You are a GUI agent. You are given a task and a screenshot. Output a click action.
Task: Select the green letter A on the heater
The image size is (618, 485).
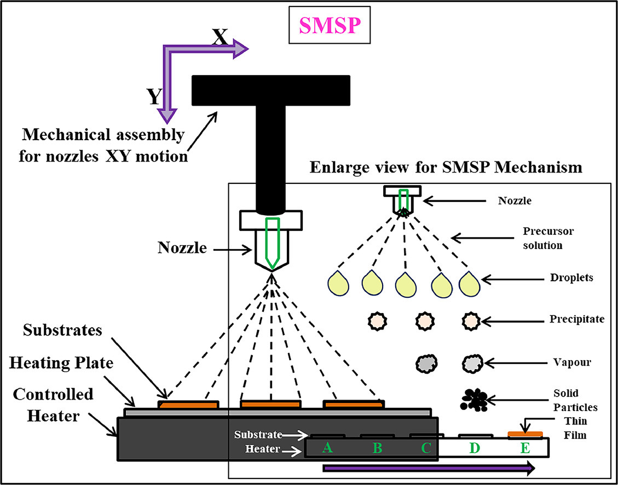click(328, 448)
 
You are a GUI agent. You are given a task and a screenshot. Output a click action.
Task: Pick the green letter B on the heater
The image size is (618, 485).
click(377, 448)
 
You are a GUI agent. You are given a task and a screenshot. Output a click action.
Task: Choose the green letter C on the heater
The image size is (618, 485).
click(426, 448)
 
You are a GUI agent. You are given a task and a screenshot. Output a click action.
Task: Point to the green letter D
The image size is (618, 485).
click(475, 448)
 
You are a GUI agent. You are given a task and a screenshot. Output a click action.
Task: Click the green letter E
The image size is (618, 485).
click(525, 448)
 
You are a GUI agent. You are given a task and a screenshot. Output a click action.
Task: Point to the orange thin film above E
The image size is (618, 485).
click(525, 435)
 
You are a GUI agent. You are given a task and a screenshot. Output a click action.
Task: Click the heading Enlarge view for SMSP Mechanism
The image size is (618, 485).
click(446, 167)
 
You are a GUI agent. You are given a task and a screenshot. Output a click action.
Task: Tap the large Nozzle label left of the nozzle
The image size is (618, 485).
click(182, 247)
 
